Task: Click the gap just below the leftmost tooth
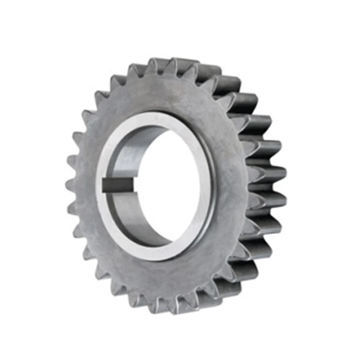[x=74, y=196]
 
